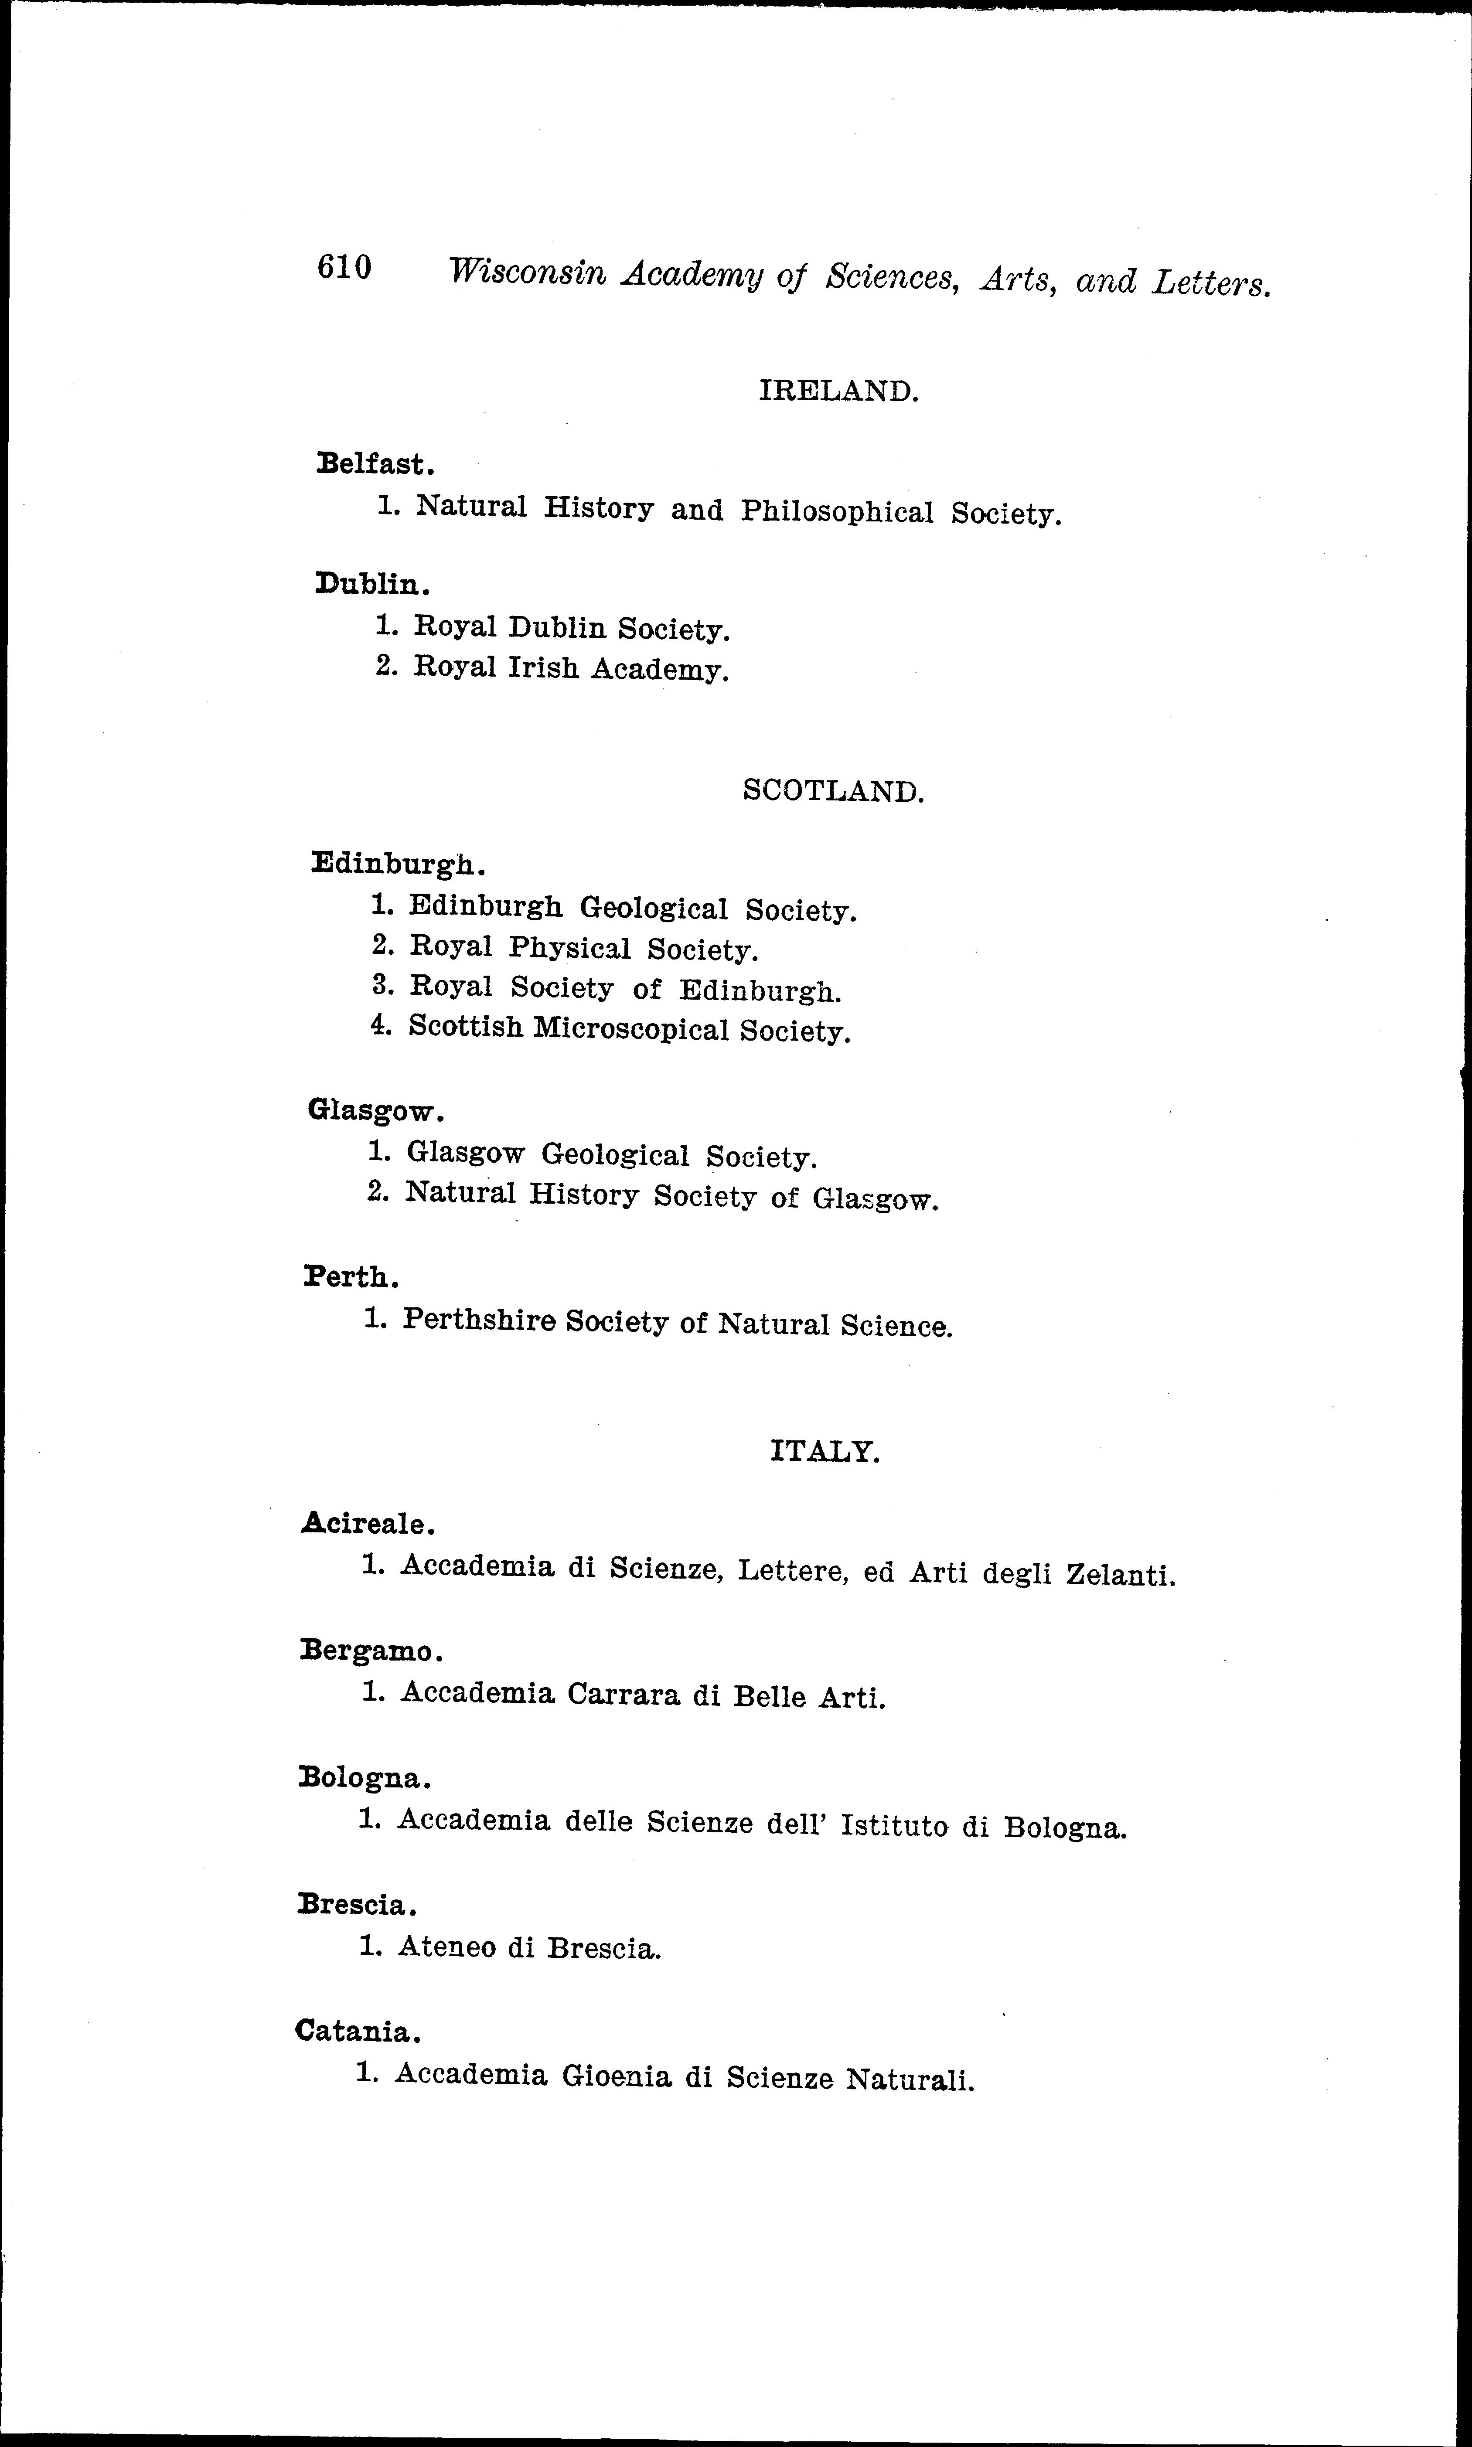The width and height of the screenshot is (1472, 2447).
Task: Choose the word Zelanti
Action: point(1119,1575)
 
